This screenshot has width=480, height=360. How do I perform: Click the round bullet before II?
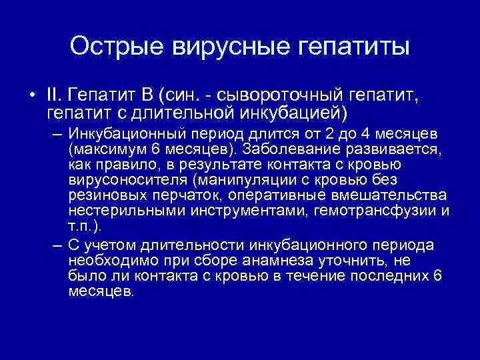(x=33, y=93)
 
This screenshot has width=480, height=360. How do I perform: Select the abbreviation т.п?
(x=79, y=227)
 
